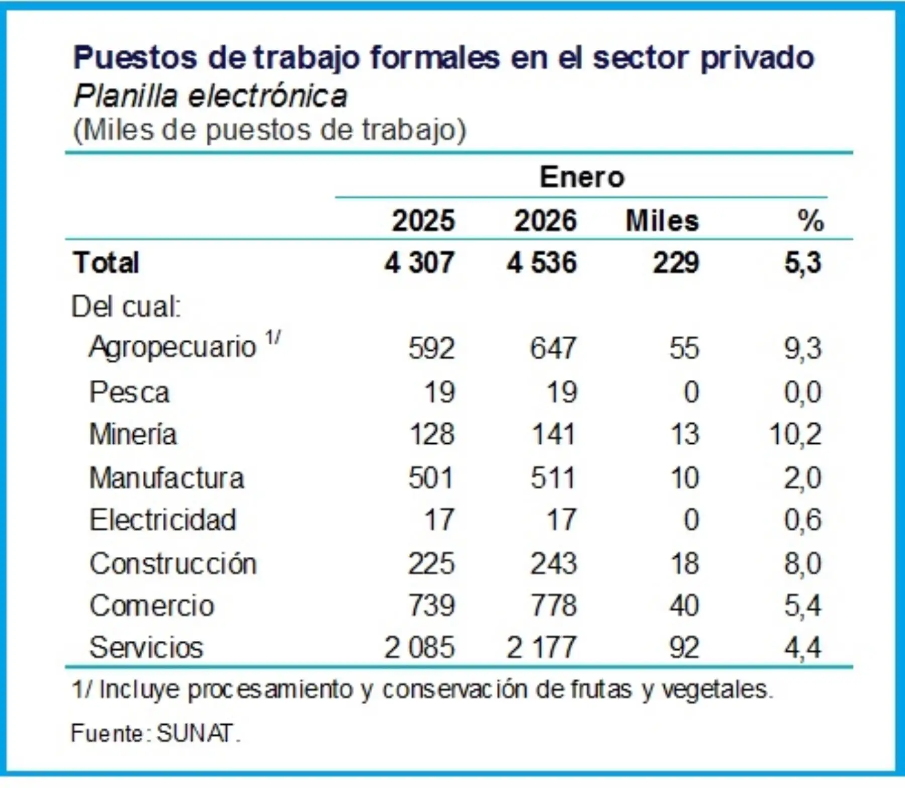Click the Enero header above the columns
point(582,177)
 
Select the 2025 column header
point(423,221)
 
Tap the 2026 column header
point(545,221)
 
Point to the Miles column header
point(662,221)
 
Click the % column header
point(810,221)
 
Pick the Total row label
point(106,263)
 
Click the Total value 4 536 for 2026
point(541,263)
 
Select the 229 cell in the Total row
point(676,263)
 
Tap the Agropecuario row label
point(172,347)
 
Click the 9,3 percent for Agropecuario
point(803,348)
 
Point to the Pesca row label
point(129,392)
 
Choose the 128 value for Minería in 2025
point(432,434)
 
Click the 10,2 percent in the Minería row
point(795,434)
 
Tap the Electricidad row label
point(163,520)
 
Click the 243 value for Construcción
point(554,563)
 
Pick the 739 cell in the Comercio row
point(431,606)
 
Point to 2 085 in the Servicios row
point(419,647)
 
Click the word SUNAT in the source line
point(196,733)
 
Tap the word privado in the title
point(757,58)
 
